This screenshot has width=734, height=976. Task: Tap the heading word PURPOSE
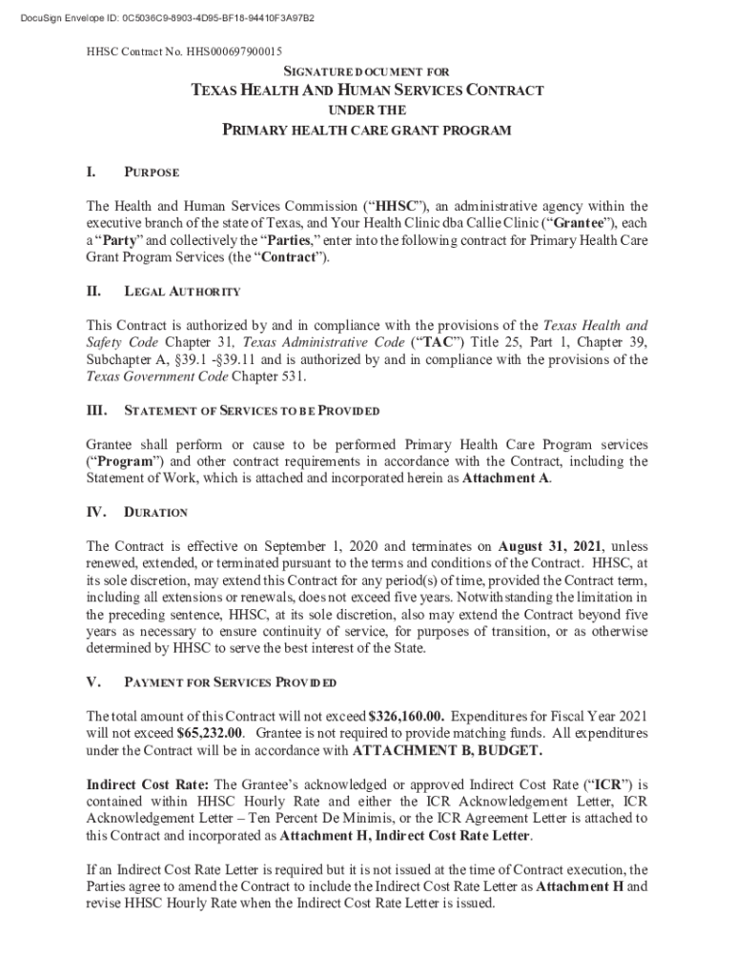(x=153, y=173)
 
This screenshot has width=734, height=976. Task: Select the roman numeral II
(x=94, y=291)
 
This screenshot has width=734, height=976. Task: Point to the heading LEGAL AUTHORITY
(x=182, y=292)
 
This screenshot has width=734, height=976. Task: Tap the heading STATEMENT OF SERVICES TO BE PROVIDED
(x=253, y=411)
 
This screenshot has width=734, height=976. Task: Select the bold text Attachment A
(x=505, y=478)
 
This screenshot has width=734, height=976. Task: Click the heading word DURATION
(x=156, y=513)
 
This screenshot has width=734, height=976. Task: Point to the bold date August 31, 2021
(x=549, y=547)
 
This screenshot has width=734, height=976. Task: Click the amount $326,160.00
(x=407, y=717)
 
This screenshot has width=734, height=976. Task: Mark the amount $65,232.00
(x=211, y=734)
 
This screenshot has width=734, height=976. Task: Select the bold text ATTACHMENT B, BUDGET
(x=448, y=751)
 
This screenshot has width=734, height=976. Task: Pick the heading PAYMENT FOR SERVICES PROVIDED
(x=230, y=683)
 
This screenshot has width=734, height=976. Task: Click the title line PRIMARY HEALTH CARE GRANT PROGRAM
(x=367, y=130)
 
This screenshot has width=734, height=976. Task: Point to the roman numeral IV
(x=96, y=512)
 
